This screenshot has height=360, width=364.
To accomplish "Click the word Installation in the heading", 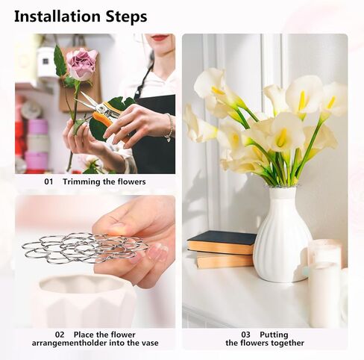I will [x=57, y=16].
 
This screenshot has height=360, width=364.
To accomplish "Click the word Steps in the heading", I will [x=125, y=16].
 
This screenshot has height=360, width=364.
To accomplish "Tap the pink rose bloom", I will [x=81, y=63].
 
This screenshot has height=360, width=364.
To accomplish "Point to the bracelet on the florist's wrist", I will [x=170, y=128].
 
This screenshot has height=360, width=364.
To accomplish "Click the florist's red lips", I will [x=160, y=37].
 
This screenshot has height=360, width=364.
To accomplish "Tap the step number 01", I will [x=48, y=181].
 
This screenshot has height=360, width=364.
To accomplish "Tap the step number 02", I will [x=60, y=335].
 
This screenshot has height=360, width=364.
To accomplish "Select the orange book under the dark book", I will [x=225, y=260].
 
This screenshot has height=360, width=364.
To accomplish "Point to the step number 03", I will [x=245, y=335].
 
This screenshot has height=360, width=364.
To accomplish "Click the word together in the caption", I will [x=286, y=343].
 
